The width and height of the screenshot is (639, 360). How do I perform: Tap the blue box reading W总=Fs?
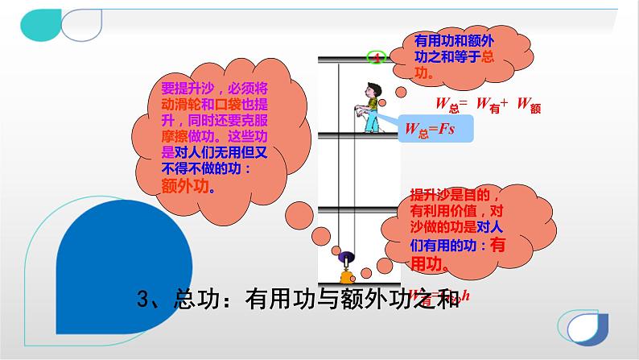tap(426, 127)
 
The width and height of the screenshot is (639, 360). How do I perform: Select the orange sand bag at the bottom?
tap(347, 279)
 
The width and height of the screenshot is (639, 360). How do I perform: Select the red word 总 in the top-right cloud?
tap(488, 58)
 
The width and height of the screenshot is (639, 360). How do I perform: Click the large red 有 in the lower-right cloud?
tap(498, 245)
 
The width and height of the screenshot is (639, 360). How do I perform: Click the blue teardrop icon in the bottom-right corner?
tap(585, 326)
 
